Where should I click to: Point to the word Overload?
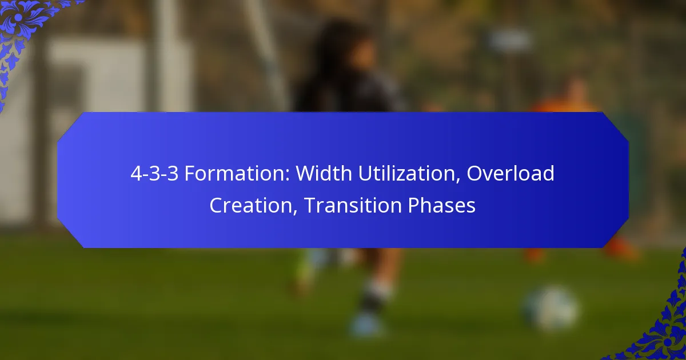(510, 174)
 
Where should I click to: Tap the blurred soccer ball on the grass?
(550, 309)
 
